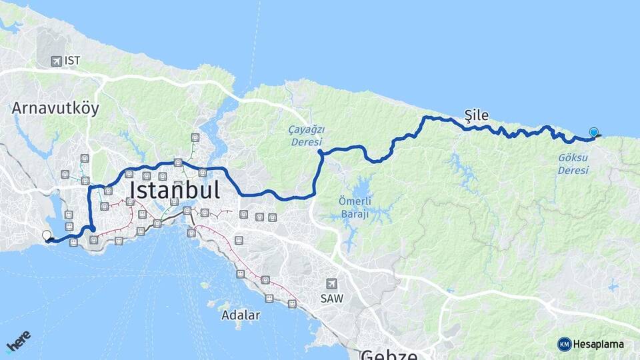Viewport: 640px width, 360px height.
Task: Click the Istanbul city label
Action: (x=175, y=191)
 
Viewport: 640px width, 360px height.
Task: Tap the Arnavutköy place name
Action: (x=55, y=109)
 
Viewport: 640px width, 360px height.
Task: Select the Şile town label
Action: (x=476, y=115)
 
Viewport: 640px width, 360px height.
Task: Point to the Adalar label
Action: (x=241, y=315)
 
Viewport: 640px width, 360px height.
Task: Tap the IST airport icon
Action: (x=56, y=61)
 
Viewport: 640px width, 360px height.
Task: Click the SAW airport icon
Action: (x=331, y=283)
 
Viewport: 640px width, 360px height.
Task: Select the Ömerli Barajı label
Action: (x=355, y=208)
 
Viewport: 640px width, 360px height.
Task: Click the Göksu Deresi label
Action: (x=573, y=165)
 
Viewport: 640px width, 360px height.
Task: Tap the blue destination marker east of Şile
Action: (x=593, y=133)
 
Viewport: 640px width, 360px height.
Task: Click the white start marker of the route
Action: (x=47, y=235)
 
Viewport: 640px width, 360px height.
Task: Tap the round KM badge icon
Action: (x=565, y=344)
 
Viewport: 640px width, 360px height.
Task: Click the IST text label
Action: (x=73, y=61)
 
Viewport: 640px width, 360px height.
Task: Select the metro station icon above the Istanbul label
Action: (x=178, y=162)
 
